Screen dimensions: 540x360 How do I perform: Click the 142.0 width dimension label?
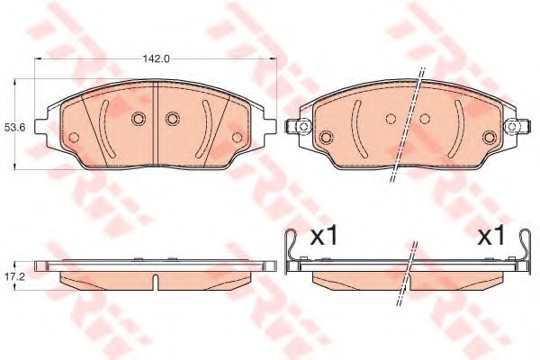pyautogui.click(x=156, y=58)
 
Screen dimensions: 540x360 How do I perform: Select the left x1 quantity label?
pyautogui.click(x=324, y=237)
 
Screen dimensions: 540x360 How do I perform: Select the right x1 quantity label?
pyautogui.click(x=491, y=237)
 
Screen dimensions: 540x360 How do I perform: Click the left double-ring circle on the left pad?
pyautogui.click(x=138, y=119)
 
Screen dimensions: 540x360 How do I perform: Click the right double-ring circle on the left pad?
pyautogui.click(x=172, y=119)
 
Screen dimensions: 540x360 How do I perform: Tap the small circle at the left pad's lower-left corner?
pyautogui.click(x=74, y=138)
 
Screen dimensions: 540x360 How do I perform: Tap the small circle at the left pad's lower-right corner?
pyautogui.click(x=237, y=138)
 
